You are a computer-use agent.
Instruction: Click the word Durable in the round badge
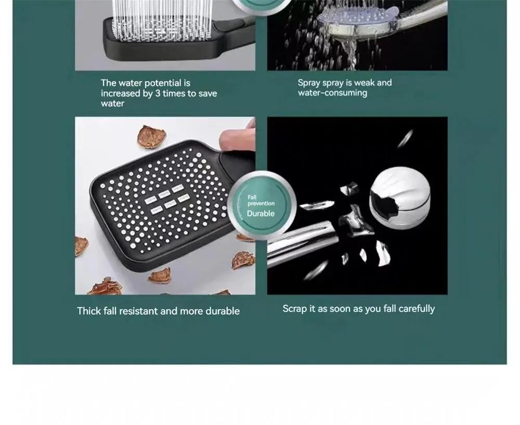coord(261,214)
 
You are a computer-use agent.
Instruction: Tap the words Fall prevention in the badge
coord(260,201)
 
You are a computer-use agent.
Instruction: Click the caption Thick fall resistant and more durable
coord(158,311)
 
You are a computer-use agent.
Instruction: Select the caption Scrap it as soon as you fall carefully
coord(358,309)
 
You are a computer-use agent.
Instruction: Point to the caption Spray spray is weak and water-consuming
coord(344,87)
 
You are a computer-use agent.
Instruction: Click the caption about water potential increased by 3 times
coord(159,93)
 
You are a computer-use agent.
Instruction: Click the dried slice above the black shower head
coord(151,136)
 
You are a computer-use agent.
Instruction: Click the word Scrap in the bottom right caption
coord(295,309)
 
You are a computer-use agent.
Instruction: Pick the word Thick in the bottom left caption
coord(88,311)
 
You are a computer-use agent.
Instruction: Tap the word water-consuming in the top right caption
coord(332,93)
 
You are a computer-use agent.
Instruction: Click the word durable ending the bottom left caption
coord(222,311)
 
